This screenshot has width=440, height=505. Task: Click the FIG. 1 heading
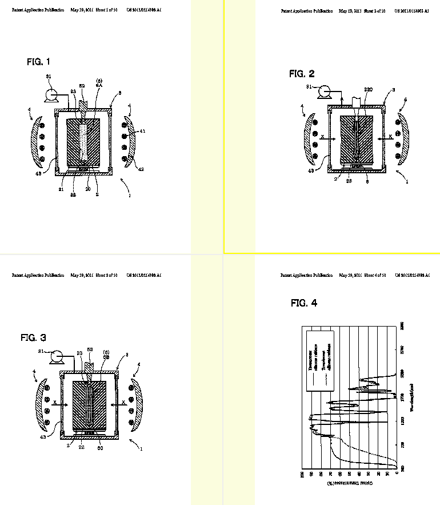(x=38, y=62)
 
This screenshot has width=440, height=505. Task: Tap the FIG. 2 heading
(x=301, y=74)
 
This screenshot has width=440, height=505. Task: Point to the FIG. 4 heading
(x=303, y=303)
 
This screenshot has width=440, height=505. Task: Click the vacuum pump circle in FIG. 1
(x=52, y=92)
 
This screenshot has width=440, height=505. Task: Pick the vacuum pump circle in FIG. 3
(x=56, y=357)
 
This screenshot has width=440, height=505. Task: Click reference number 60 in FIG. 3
(x=101, y=441)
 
